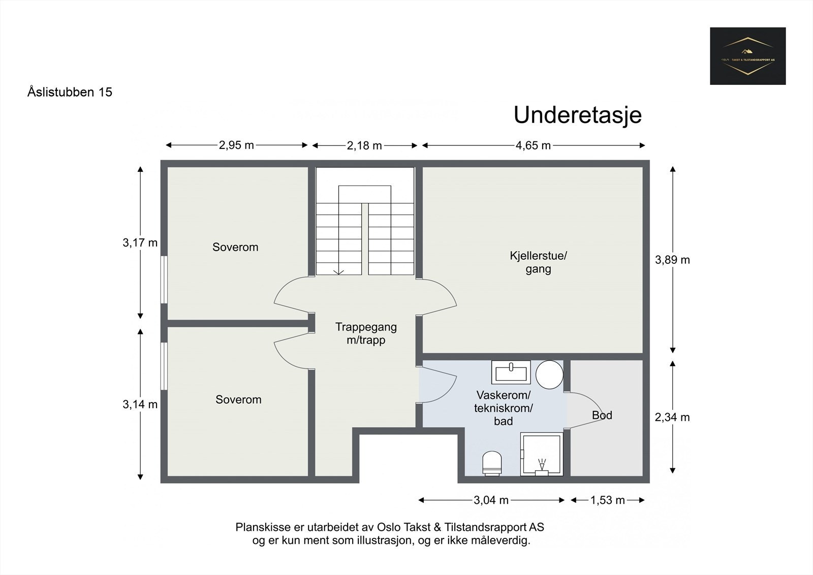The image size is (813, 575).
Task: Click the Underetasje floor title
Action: pos(578,115)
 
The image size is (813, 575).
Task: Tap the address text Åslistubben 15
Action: pos(70,92)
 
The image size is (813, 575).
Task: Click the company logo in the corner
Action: pos(747,56)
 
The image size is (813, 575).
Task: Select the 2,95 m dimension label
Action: pos(236,145)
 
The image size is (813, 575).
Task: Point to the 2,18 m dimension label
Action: pos(364,146)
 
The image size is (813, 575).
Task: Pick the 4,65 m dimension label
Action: pos(533,146)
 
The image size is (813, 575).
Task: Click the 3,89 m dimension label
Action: pos(672,260)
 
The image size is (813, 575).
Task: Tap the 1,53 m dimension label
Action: pos(607,500)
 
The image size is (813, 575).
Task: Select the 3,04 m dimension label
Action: pos(491,500)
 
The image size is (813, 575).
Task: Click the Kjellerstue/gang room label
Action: pos(538,262)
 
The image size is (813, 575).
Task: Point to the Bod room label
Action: pos(602,415)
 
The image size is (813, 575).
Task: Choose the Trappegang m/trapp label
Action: pos(366,334)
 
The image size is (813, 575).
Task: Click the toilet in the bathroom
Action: pos(491,463)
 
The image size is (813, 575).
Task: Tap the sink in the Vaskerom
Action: pos(511,372)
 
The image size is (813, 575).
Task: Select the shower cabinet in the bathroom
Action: pos(542,454)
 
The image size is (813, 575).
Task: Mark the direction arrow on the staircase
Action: pos(338,271)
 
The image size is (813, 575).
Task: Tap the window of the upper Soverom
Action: pos(164,280)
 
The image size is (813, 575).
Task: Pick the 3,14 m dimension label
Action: pos(140,405)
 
